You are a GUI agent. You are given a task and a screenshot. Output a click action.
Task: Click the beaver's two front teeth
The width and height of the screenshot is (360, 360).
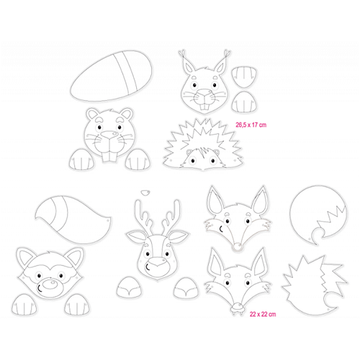(x=108, y=156)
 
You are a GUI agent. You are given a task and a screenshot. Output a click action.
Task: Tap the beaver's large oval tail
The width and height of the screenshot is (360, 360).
(x=111, y=76)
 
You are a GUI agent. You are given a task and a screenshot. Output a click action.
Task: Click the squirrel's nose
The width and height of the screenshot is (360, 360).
(x=204, y=92)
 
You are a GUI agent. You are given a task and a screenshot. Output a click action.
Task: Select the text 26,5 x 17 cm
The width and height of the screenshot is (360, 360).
(x=251, y=125)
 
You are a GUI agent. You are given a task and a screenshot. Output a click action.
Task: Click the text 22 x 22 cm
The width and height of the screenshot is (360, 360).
(x=263, y=314)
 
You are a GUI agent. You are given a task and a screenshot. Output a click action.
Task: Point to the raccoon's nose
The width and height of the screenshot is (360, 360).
(x=50, y=284)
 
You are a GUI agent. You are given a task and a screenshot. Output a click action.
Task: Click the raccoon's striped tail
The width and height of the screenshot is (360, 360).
(x=73, y=219)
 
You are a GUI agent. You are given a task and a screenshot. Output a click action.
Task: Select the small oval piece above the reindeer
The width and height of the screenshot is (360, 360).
(x=145, y=192)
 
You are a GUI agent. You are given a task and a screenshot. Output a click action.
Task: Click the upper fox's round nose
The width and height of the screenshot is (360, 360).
(x=238, y=246)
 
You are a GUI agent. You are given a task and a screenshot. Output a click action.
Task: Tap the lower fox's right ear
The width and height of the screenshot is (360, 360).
(x=258, y=261)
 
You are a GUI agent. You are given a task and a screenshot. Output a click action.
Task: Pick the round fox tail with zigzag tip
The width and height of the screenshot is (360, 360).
(x=318, y=215)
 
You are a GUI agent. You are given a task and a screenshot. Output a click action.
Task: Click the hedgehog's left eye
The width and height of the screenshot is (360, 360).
(x=193, y=161)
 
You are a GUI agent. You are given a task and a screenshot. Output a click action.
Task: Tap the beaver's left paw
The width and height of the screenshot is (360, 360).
(x=81, y=159)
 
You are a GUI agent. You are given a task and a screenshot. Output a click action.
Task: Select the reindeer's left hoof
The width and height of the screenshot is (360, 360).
(x=129, y=287)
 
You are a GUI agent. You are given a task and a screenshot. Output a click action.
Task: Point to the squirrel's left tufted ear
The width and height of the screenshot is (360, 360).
(x=189, y=63)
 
